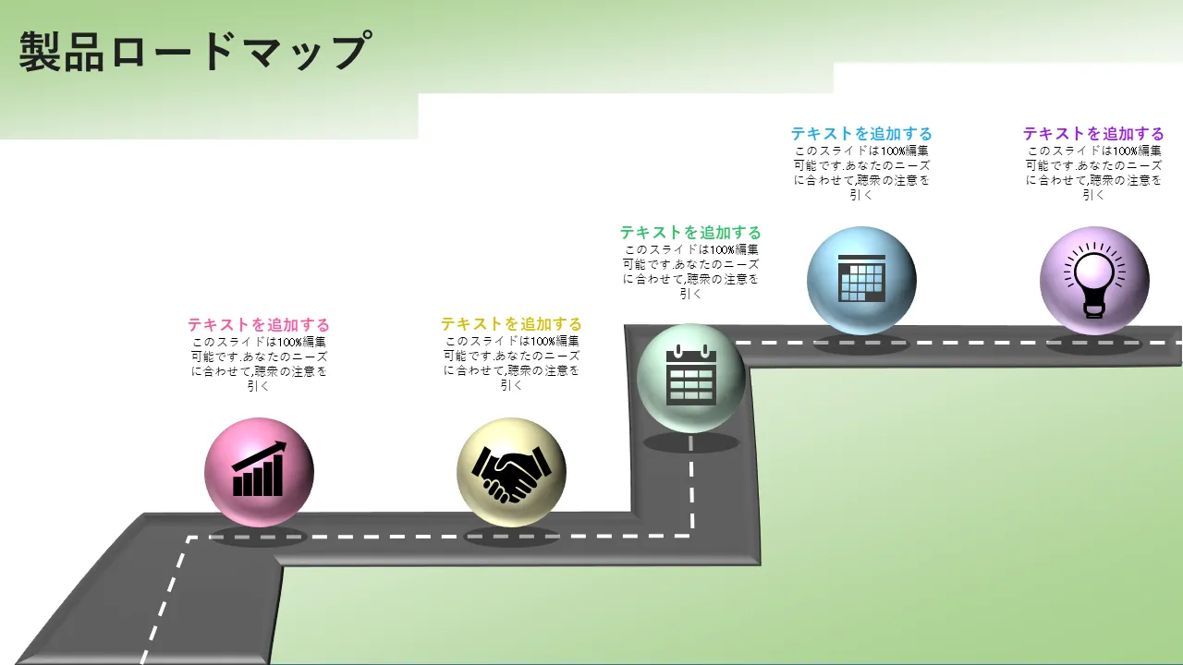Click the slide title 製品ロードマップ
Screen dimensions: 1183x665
(195, 51)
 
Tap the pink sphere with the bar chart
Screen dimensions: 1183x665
(259, 472)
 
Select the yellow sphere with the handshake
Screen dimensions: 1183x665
(511, 472)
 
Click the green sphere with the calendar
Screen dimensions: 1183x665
(690, 378)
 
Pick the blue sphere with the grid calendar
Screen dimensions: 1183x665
(861, 281)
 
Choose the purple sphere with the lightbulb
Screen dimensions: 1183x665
(1094, 281)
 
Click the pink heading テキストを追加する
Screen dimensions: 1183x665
(258, 324)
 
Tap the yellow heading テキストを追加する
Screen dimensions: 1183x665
(511, 323)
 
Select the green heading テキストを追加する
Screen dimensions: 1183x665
(690, 232)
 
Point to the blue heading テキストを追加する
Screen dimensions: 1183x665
(861, 133)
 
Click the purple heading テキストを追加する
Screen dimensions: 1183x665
(1093, 133)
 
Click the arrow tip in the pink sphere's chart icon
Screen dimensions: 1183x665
(286, 443)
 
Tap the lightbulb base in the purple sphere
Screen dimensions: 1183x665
(1094, 309)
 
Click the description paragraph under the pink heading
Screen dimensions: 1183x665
(258, 364)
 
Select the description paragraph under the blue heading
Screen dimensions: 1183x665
(861, 173)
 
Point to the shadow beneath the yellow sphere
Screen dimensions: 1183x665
(511, 537)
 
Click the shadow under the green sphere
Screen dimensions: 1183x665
(690, 442)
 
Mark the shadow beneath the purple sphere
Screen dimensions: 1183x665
(1094, 344)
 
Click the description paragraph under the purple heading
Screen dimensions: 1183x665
(1093, 173)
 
